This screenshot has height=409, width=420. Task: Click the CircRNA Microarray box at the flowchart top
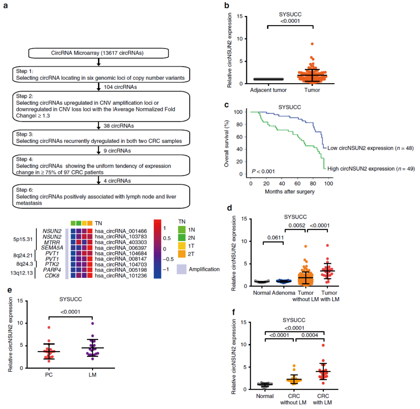pyautogui.click(x=98, y=53)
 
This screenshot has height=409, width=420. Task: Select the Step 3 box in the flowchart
pyautogui.click(x=101, y=138)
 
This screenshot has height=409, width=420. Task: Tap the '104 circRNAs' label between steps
pyautogui.click(x=120, y=87)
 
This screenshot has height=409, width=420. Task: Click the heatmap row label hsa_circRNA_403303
pyautogui.click(x=121, y=242)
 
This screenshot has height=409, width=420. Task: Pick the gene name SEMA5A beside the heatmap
pyautogui.click(x=52, y=248)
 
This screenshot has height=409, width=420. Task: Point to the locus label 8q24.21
pyautogui.click(x=23, y=255)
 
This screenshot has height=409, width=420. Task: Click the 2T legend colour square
pyautogui.click(x=182, y=254)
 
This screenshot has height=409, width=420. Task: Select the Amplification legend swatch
pyautogui.click(x=182, y=269)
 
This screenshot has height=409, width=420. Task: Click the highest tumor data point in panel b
pyautogui.click(x=312, y=44)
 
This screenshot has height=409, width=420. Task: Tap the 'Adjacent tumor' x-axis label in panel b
pyautogui.click(x=268, y=90)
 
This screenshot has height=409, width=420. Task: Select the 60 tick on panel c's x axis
pyautogui.click(x=297, y=183)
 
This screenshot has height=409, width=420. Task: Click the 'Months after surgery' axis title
pyautogui.click(x=289, y=191)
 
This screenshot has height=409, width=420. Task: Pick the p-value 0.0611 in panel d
pyautogui.click(x=276, y=237)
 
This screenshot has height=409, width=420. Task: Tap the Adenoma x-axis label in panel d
pyautogui.click(x=284, y=293)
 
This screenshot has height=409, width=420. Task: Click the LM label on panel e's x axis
pyautogui.click(x=92, y=375)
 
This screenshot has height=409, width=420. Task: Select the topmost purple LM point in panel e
pyautogui.click(x=93, y=323)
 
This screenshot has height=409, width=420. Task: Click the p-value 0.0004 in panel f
pyautogui.click(x=310, y=335)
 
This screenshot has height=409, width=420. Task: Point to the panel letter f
pyautogui.click(x=234, y=312)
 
